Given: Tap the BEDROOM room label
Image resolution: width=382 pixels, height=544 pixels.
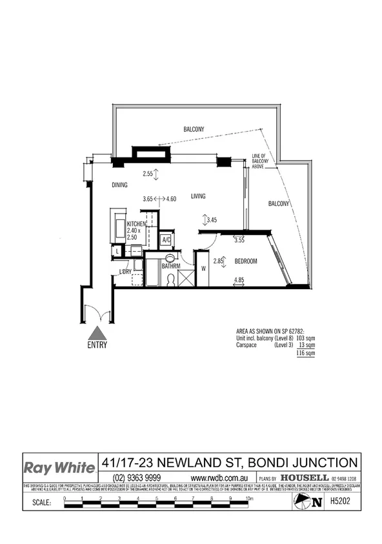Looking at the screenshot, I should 246,261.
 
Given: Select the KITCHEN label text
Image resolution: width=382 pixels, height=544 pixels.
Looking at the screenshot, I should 137,224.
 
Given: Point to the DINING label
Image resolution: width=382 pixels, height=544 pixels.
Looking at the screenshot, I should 119,185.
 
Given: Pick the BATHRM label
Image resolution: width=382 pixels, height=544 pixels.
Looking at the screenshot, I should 171,266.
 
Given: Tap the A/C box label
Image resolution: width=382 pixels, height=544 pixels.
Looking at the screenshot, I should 166,239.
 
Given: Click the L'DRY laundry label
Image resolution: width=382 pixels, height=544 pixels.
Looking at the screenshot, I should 126,272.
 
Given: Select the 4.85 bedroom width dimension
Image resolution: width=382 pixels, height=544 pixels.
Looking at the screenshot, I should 239,280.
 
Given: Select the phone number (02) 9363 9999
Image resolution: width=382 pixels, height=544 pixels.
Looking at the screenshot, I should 137,478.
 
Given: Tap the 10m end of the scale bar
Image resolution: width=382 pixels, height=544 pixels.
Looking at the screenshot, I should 250,498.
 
